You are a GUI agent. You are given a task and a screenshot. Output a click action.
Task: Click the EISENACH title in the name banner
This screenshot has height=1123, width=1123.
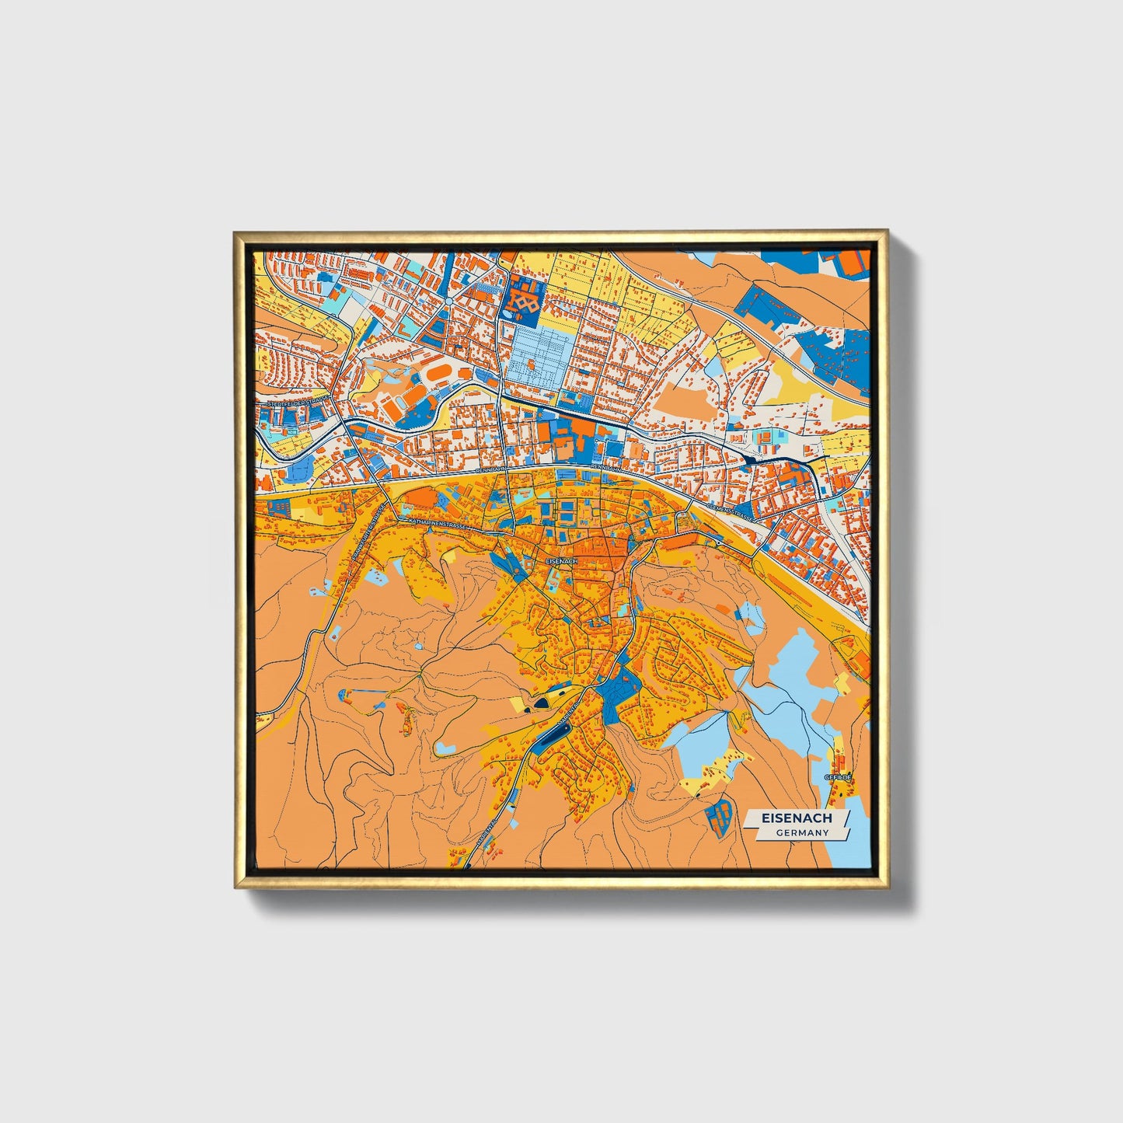(797, 818)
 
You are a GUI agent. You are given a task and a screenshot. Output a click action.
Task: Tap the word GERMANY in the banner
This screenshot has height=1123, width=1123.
(801, 832)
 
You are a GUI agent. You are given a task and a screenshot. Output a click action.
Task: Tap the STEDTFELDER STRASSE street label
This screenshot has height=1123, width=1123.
(298, 403)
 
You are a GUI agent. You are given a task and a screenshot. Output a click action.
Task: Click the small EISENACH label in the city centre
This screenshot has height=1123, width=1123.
(561, 560)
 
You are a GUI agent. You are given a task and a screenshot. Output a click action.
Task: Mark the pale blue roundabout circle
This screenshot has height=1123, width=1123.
(449, 301)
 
